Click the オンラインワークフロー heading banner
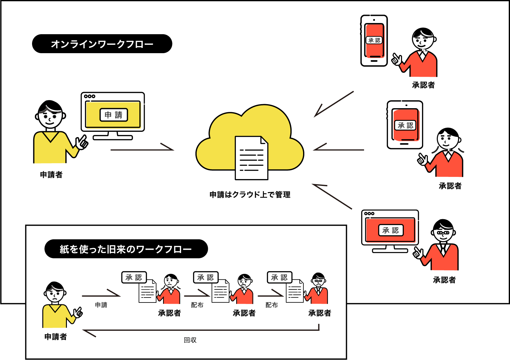click(102, 44)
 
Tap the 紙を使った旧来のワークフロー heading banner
click(126, 249)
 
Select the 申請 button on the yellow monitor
click(114, 115)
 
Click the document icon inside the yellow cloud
click(251, 158)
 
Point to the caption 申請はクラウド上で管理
click(250, 195)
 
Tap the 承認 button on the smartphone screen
click(374, 40)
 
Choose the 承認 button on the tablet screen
click(405, 125)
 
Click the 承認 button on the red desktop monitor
click(391, 230)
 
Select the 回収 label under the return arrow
click(190, 340)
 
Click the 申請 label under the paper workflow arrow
click(101, 305)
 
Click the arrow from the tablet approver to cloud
click(339, 149)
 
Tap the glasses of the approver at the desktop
click(443, 233)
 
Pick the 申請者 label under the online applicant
click(51, 175)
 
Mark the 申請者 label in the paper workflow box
click(56, 337)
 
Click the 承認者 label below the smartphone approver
click(423, 85)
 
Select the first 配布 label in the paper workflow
click(197, 305)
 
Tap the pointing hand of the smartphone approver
click(396, 59)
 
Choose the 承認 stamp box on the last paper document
click(279, 277)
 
